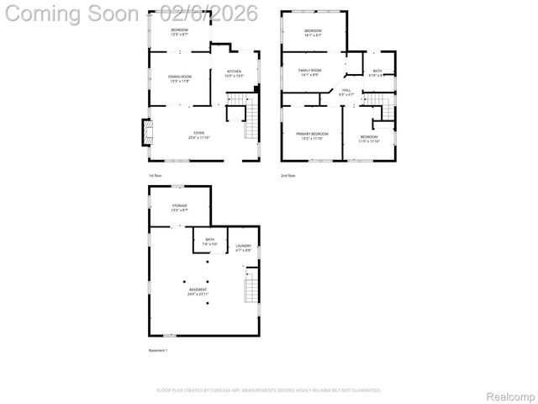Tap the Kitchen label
click(x=233, y=72)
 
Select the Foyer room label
click(x=199, y=134)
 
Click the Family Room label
click(x=310, y=72)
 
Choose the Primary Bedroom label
click(x=312, y=136)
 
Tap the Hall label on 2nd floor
click(x=345, y=91)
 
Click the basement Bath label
click(x=210, y=241)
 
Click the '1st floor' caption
click(x=156, y=175)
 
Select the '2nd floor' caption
click(x=287, y=175)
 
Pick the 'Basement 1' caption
click(x=158, y=350)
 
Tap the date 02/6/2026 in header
click(x=192, y=14)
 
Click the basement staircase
click(x=251, y=289)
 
